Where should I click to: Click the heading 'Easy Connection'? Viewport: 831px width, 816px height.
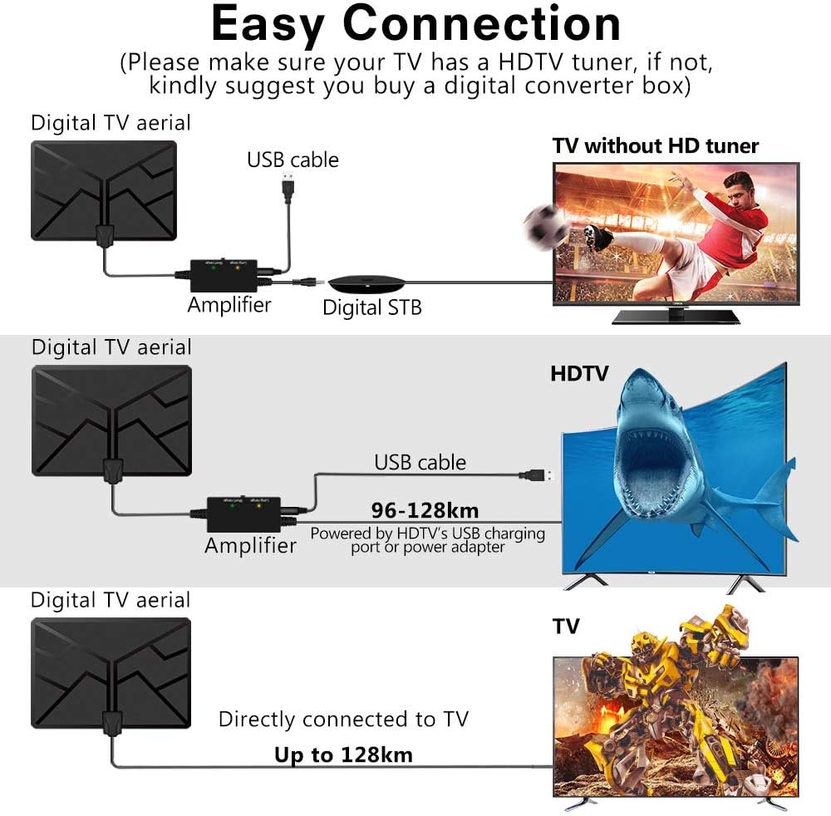tap(415, 25)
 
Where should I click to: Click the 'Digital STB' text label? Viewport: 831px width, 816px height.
tap(372, 307)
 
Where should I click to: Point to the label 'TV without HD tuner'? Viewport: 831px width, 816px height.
tap(656, 146)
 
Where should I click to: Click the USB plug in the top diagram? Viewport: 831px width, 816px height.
tap(288, 189)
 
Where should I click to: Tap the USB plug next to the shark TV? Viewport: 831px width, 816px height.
tap(536, 475)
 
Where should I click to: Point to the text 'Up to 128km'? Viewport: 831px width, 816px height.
tap(343, 755)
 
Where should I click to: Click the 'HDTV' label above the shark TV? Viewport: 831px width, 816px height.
tap(579, 374)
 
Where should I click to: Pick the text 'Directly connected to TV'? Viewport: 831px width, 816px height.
tap(343, 719)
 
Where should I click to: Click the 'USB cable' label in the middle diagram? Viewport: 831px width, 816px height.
tap(420, 462)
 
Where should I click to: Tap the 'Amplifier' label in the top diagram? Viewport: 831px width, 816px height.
tap(229, 305)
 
